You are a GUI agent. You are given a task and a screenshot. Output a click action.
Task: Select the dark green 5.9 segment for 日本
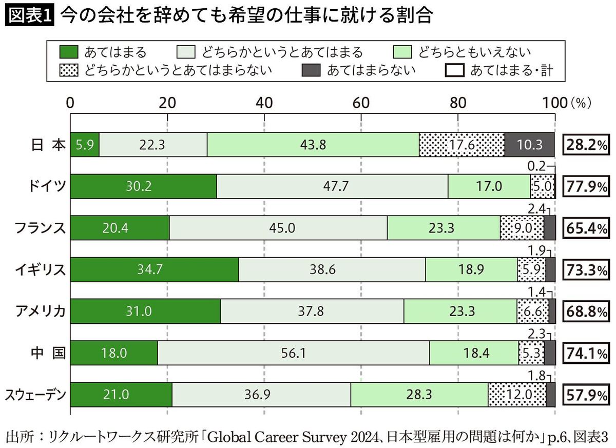(x=84, y=145)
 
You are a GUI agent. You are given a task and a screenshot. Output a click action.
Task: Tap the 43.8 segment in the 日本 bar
(x=313, y=145)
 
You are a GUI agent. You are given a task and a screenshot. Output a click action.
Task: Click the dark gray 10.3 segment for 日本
(x=529, y=145)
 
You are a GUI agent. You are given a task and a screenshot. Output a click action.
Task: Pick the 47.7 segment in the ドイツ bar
(x=332, y=186)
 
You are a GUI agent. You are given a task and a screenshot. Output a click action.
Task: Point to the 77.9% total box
(x=586, y=186)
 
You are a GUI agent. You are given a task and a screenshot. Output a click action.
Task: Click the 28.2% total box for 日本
(x=586, y=145)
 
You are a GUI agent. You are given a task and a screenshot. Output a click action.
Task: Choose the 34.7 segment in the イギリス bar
(x=154, y=270)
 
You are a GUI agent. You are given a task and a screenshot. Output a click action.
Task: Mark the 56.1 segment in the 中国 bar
(x=293, y=353)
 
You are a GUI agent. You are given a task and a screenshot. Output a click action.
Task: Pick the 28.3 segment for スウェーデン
(x=419, y=395)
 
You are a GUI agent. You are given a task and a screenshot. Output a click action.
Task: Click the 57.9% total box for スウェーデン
(x=586, y=395)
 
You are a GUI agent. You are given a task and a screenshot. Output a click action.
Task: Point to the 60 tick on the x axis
(x=361, y=103)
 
